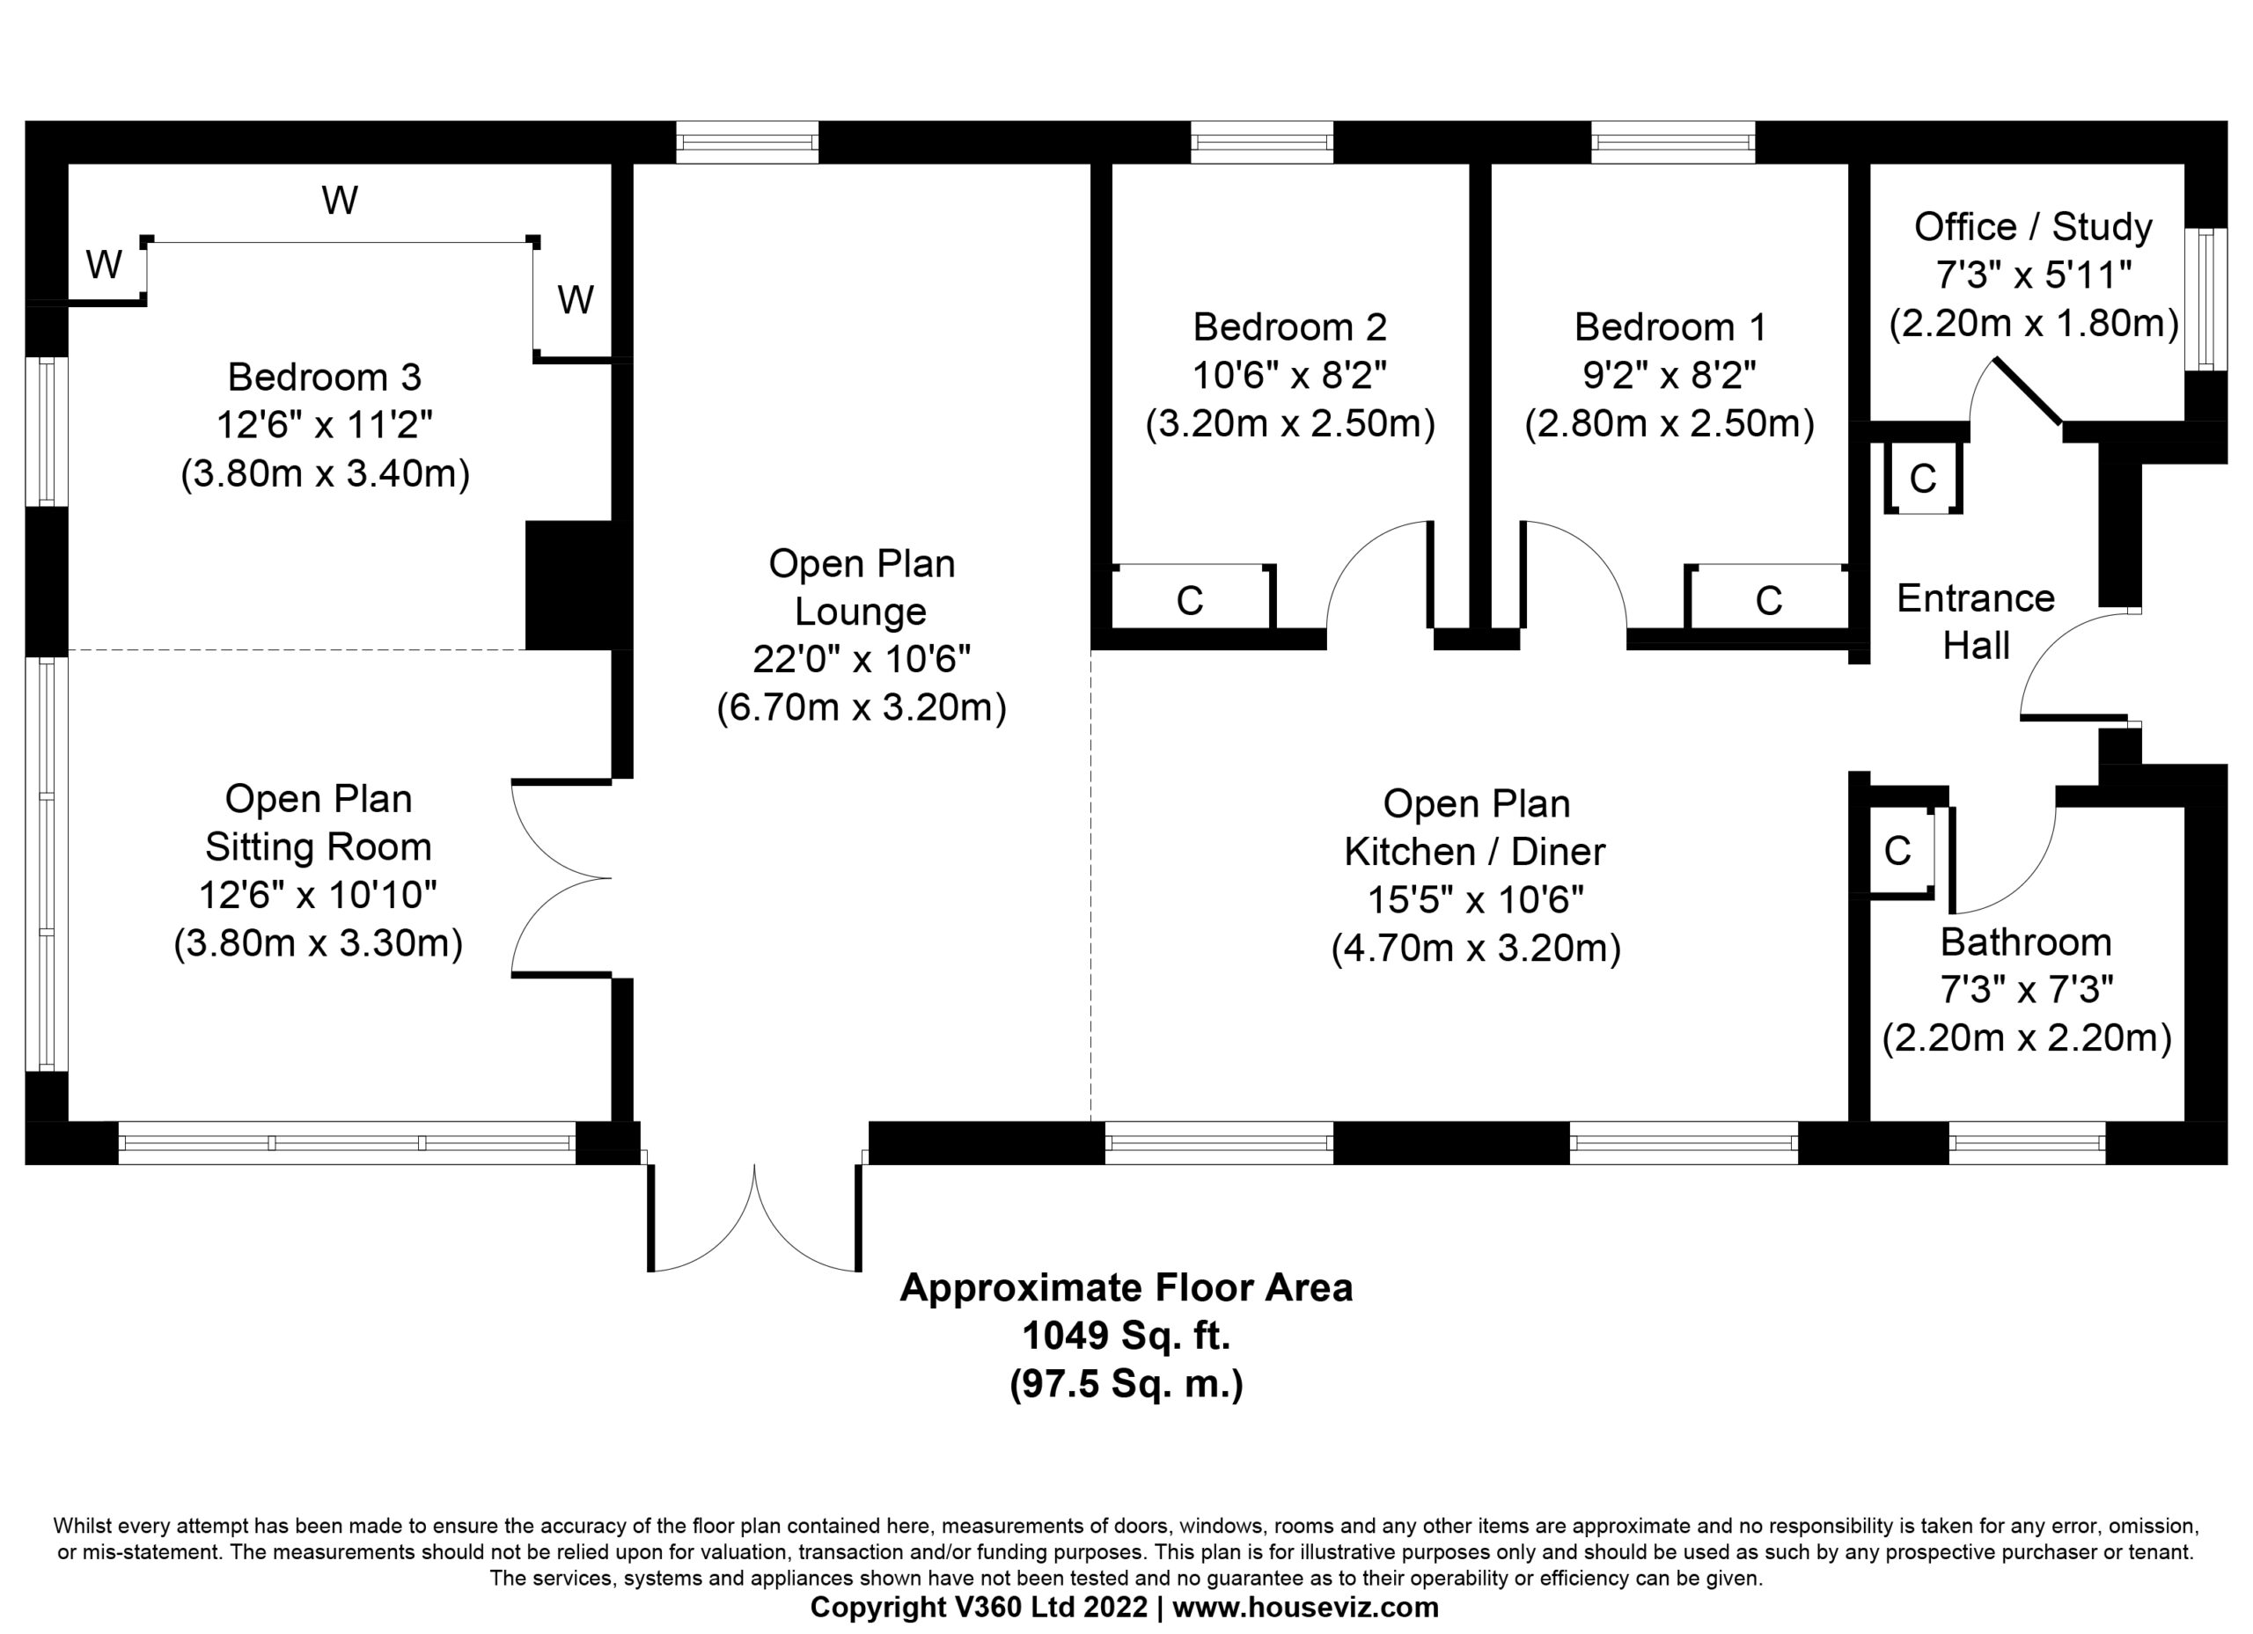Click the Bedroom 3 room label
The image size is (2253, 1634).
(324, 377)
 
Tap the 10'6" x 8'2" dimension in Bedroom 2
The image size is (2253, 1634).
(1289, 376)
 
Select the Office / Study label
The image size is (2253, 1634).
(2032, 226)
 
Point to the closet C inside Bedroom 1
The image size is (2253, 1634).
(1768, 600)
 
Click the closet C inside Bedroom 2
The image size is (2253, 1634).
(1190, 600)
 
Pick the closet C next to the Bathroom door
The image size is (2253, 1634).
(1897, 851)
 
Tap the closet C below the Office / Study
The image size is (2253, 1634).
(1923, 479)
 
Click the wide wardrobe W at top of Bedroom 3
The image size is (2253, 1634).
(340, 202)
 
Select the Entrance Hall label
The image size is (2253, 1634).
(1975, 622)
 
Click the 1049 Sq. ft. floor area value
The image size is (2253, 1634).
(1126, 1336)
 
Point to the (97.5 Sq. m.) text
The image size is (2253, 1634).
(1126, 1384)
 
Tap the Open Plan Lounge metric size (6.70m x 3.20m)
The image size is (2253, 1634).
(862, 707)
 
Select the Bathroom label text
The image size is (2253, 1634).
(2026, 942)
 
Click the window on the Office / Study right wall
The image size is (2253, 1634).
(2206, 299)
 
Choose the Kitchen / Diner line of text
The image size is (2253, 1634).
(1475, 851)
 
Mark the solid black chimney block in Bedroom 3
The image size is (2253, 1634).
(570, 585)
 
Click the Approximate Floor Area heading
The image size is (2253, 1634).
(1126, 1288)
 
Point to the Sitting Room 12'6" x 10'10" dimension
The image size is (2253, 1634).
(318, 895)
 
